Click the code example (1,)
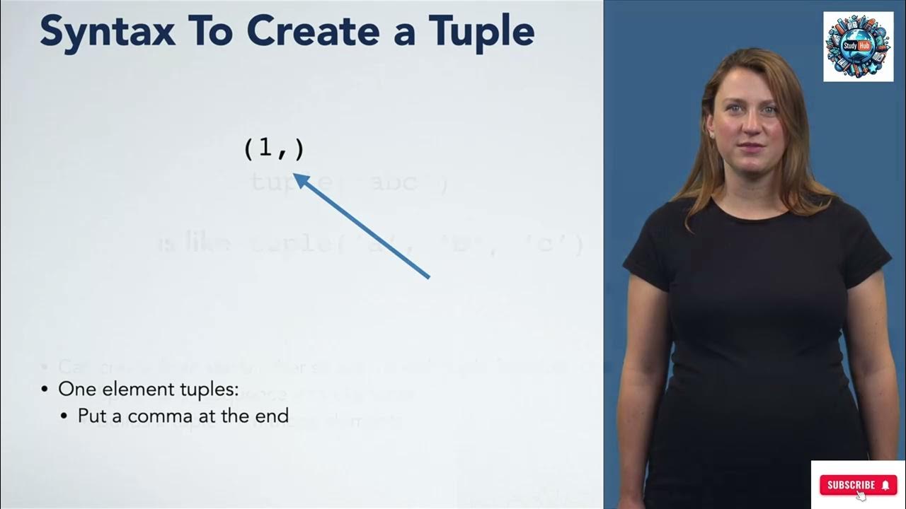273,148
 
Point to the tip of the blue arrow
295,175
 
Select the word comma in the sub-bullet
180,416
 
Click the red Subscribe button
858,485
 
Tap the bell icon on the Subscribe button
885,485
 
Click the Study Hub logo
858,47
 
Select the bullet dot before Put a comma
65,416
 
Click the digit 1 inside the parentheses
265,148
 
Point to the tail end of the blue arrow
430,278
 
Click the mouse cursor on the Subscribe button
861,496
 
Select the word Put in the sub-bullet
91,416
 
